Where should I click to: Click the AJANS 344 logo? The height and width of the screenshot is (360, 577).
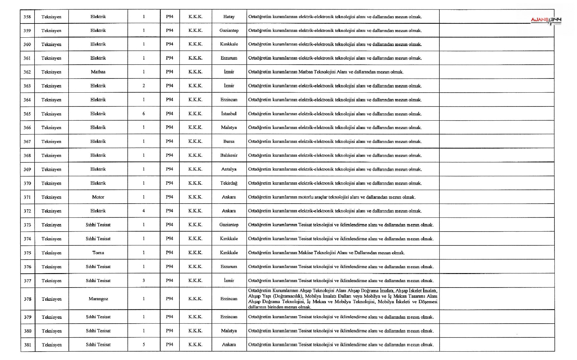point(546,20)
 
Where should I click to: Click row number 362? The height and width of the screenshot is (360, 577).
point(27,72)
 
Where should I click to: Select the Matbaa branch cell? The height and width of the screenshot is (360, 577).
point(98,72)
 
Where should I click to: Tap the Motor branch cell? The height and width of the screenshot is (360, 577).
point(98,197)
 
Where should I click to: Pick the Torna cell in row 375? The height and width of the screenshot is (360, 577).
point(98,253)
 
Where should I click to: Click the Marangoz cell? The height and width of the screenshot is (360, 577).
point(98,299)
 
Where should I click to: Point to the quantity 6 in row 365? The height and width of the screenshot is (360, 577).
point(144,114)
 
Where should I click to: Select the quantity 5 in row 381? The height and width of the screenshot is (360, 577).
point(144,345)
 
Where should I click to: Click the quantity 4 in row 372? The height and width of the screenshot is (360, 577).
point(144,211)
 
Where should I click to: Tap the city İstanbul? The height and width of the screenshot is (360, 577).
point(229,114)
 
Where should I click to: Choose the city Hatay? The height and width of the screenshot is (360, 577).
point(229,17)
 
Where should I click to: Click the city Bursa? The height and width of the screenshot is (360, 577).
point(229,141)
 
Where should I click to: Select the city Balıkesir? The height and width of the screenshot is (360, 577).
point(229,155)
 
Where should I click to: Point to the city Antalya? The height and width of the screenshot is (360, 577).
point(229,169)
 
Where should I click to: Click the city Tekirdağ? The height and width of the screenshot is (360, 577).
point(229,183)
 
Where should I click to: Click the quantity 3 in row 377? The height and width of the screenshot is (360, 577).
point(144,281)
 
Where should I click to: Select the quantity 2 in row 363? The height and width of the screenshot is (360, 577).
point(144,86)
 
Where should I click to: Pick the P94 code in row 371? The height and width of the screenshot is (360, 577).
point(169,197)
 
